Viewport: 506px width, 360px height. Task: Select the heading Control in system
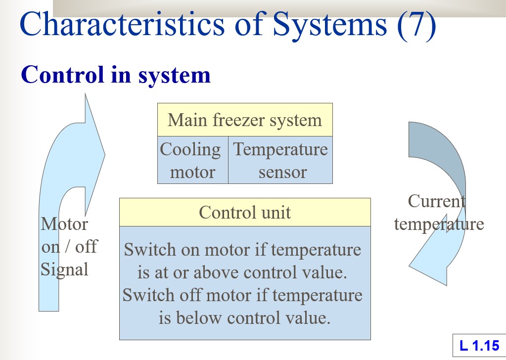point(116,75)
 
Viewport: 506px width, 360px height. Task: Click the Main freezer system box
point(245,120)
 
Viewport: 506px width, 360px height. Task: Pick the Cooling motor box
point(192,160)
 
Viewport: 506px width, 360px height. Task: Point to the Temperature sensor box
point(280,160)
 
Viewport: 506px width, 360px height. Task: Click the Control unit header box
point(245,212)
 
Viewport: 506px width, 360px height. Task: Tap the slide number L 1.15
point(479,346)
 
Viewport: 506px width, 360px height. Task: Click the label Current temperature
point(438,213)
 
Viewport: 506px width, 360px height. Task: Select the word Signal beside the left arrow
point(64,270)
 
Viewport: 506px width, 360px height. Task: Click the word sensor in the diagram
point(282,172)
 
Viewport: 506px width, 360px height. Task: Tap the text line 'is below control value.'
point(244,318)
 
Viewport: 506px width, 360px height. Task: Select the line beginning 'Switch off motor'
point(242,295)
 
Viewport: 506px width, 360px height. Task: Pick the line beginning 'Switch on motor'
point(242,250)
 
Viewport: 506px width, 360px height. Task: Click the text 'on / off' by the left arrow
point(69,246)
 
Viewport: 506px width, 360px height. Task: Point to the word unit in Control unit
point(276,212)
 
